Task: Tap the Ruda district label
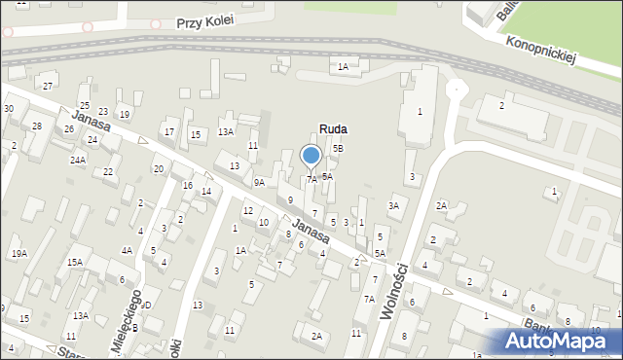(333, 128)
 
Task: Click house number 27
(48, 87)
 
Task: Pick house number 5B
(338, 148)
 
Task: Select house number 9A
(259, 182)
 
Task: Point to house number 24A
(78, 159)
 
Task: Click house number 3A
(394, 205)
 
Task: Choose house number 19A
(19, 254)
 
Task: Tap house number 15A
(75, 263)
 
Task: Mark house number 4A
(128, 250)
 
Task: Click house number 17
(169, 131)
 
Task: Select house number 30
(8, 108)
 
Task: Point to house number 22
(108, 171)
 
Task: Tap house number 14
(206, 191)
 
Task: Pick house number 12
(248, 210)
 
